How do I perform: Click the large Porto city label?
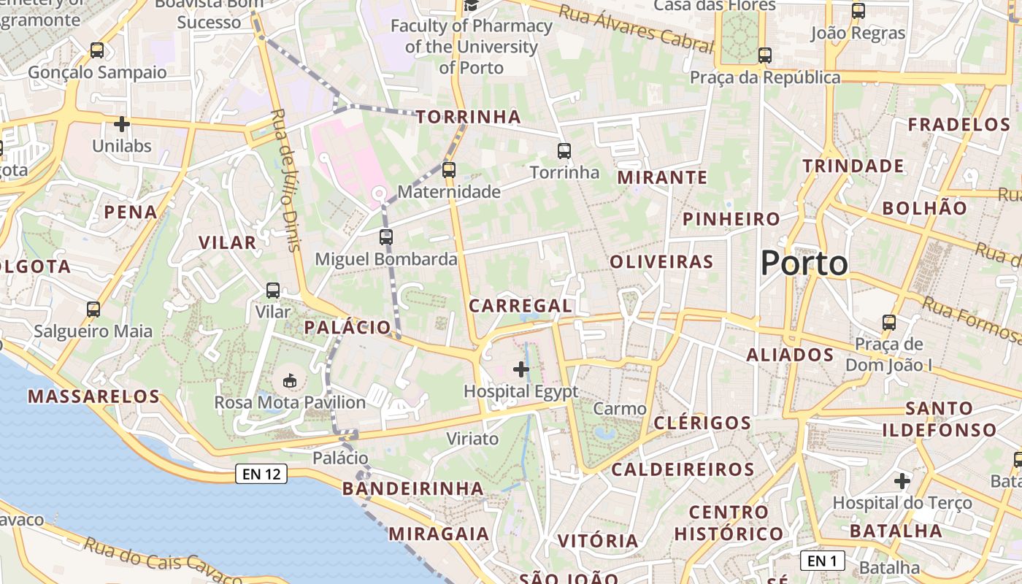[x=804, y=263]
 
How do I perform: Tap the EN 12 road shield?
[x=261, y=474]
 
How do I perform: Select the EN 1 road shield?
[x=823, y=561]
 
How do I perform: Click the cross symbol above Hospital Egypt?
[x=521, y=369]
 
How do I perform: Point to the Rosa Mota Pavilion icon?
[x=290, y=380]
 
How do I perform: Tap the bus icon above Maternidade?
[x=449, y=170]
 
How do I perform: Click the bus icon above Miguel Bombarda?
[x=386, y=237]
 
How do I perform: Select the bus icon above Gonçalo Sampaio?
[x=97, y=50]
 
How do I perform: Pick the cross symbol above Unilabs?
[x=122, y=124]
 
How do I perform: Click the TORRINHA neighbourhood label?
[x=469, y=117]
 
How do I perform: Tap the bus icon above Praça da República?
[x=765, y=55]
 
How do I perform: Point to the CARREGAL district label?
[x=520, y=306]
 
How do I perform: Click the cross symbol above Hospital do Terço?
[x=902, y=481]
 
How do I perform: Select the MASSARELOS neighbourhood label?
[x=93, y=396]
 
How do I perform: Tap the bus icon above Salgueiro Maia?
[x=93, y=310]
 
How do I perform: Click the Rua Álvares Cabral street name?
[x=636, y=29]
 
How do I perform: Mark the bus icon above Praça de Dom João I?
[x=889, y=323]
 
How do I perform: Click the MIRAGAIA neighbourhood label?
[x=439, y=534]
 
